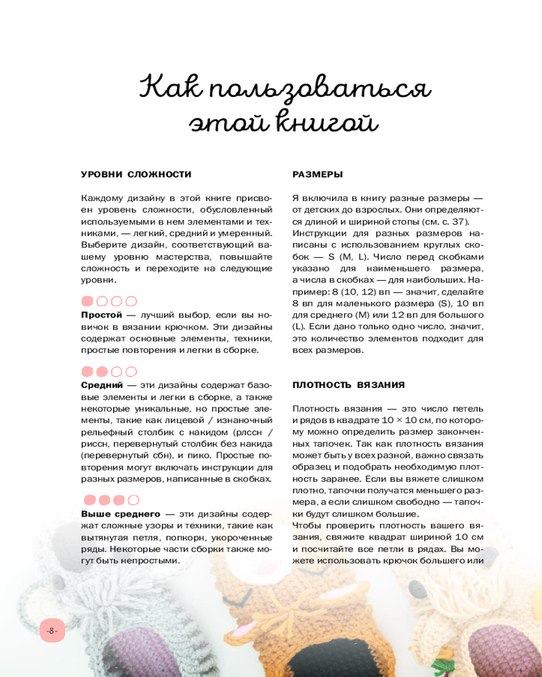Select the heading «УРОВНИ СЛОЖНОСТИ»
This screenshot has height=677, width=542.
136,175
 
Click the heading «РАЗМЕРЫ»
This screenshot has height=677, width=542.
318,175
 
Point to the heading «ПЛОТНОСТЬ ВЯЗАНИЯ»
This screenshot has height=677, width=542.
348,385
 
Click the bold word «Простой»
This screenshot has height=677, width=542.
102,315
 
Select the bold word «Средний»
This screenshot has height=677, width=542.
102,385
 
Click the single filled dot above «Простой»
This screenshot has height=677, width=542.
87,301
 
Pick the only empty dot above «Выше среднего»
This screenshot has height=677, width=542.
131,500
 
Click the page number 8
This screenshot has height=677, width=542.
52,631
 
